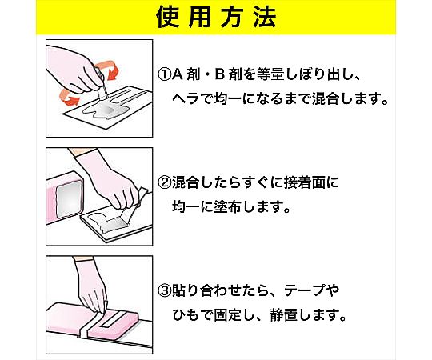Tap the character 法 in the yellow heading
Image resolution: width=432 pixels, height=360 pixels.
265,18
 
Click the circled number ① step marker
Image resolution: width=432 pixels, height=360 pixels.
165,74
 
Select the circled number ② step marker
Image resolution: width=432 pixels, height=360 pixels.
165,182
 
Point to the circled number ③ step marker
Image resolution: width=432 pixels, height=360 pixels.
165,290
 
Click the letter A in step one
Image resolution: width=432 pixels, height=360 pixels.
178,74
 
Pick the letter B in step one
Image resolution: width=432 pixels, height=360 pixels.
220,74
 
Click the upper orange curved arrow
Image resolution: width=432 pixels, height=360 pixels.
110,68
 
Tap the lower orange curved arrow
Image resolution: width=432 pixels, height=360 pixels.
68,97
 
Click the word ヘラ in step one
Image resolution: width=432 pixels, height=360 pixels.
186,99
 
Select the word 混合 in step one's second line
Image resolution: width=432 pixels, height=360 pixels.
326,99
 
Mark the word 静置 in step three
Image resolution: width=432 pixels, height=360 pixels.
284,315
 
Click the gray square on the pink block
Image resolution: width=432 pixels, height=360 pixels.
69,199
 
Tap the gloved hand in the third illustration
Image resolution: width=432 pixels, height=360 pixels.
91,286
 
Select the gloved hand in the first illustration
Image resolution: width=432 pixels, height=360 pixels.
74,70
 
